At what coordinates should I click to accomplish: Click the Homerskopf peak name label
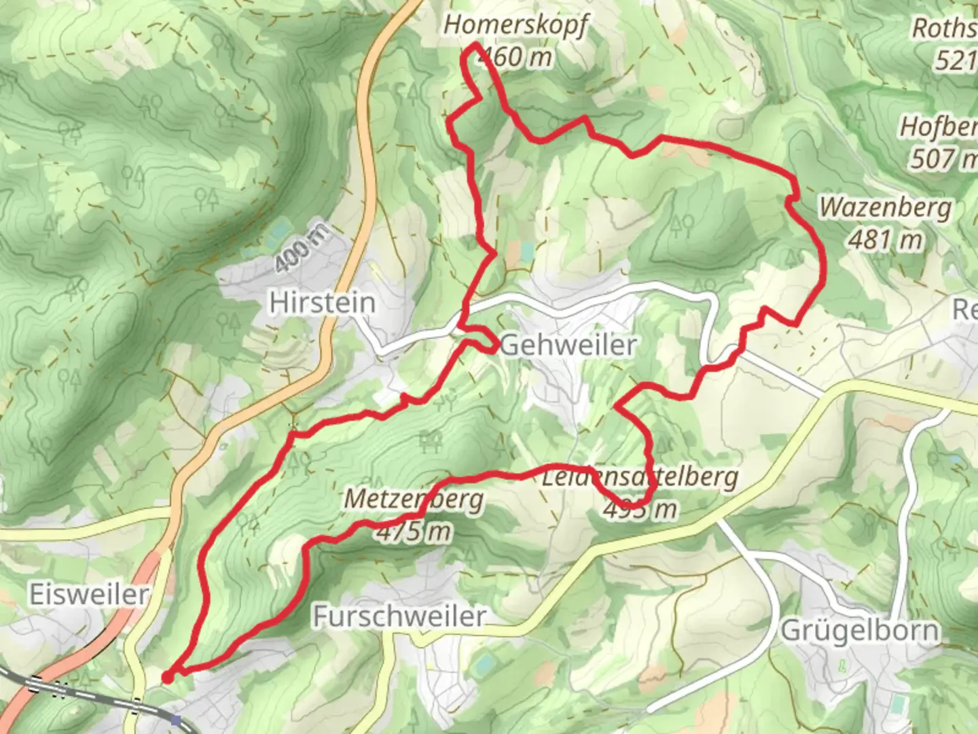515,25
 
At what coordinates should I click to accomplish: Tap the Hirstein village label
322,302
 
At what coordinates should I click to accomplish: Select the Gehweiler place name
568,345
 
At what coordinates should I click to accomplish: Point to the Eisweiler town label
88,595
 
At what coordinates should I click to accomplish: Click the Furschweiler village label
399,616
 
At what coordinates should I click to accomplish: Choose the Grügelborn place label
860,631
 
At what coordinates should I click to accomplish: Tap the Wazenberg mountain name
885,207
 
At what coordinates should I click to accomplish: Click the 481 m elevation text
885,239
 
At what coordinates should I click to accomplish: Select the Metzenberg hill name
414,499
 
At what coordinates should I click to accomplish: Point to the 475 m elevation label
414,531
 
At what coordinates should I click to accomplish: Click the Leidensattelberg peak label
639,477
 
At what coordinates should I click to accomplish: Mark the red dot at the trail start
167,676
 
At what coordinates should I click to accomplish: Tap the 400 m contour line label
303,247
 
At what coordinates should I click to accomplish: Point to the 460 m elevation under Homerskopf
516,57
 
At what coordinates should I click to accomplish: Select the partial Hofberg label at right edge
938,127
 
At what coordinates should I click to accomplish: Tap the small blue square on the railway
177,720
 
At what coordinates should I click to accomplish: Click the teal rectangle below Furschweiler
484,664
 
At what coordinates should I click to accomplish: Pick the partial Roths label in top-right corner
944,29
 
